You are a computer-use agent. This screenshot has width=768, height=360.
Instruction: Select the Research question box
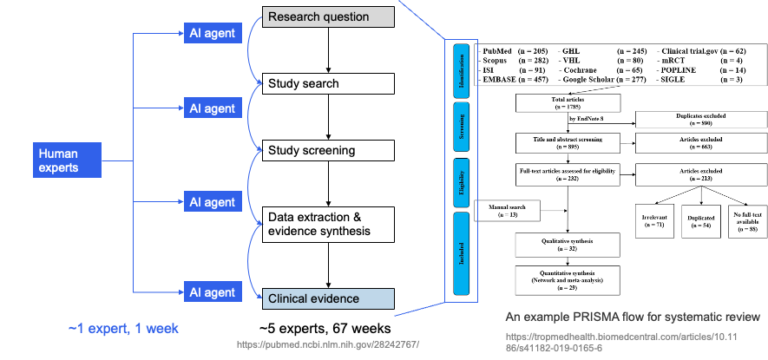pyautogui.click(x=329, y=16)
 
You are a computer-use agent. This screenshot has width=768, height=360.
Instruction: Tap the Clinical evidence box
pyautogui.click(x=329, y=299)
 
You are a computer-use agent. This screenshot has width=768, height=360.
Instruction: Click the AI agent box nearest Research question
pyautogui.click(x=213, y=34)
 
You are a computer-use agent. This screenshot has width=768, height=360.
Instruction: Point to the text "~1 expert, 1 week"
pyautogui.click(x=123, y=329)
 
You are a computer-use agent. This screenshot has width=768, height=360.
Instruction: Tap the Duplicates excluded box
pyautogui.click(x=702, y=120)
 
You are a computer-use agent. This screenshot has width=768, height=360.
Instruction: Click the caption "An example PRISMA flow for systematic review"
pyautogui.click(x=633, y=316)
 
